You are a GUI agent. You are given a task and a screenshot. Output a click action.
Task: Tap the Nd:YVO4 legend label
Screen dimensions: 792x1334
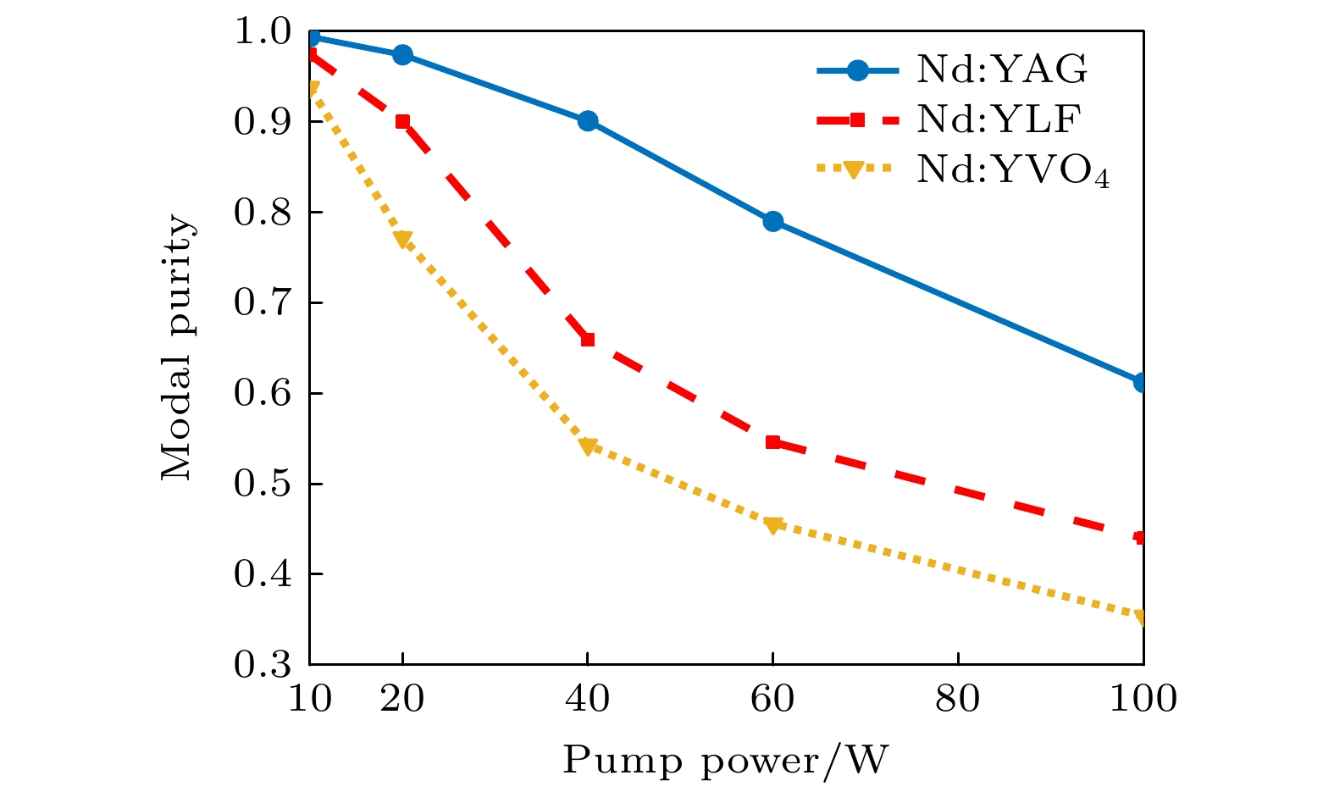click(1012, 171)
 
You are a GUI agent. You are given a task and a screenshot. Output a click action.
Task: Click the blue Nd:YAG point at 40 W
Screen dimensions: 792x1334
click(588, 121)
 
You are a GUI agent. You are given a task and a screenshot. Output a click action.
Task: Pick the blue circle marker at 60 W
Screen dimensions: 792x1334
click(772, 222)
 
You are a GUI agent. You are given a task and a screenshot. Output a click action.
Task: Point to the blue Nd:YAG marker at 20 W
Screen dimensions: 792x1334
click(402, 55)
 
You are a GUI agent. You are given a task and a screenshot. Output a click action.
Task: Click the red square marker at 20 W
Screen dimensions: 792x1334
click(402, 121)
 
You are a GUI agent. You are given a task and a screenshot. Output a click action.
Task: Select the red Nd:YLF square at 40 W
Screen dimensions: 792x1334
click(588, 340)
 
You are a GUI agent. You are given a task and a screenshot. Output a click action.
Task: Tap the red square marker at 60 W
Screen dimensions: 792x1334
click(772, 442)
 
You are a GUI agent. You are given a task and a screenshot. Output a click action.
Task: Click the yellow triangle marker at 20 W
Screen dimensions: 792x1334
click(402, 239)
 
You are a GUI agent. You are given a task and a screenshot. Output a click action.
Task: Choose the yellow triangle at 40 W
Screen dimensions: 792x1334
click(588, 446)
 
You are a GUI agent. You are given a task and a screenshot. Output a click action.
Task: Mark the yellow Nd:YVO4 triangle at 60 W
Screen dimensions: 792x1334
click(772, 525)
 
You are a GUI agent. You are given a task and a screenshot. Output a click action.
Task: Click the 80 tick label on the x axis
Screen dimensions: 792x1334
click(958, 700)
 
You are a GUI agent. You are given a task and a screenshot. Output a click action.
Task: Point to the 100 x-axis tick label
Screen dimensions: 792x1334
click(1143, 700)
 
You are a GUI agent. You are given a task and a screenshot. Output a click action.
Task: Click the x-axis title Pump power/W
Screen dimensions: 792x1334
click(726, 761)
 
